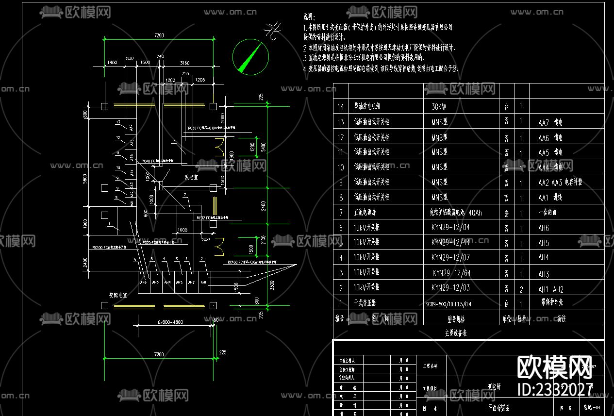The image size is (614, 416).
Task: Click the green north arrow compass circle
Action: (x=250, y=57)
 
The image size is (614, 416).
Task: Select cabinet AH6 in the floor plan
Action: (x=143, y=283)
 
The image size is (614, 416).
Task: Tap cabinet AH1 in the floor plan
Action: (x=203, y=283)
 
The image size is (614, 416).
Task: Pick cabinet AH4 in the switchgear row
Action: (x=167, y=283)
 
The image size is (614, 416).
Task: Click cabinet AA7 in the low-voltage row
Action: (x=131, y=128)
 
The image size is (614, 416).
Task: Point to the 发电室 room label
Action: (x=191, y=177)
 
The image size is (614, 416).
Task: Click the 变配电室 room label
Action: (x=117, y=295)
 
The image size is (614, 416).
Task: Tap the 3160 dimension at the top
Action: (x=184, y=63)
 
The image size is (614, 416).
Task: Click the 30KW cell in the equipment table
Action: (x=439, y=106)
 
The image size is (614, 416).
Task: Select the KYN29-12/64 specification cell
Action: (x=451, y=273)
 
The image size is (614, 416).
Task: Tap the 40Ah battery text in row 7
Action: (x=476, y=213)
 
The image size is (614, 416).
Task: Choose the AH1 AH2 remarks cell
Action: (x=551, y=289)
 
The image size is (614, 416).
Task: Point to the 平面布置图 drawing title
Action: (x=498, y=408)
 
